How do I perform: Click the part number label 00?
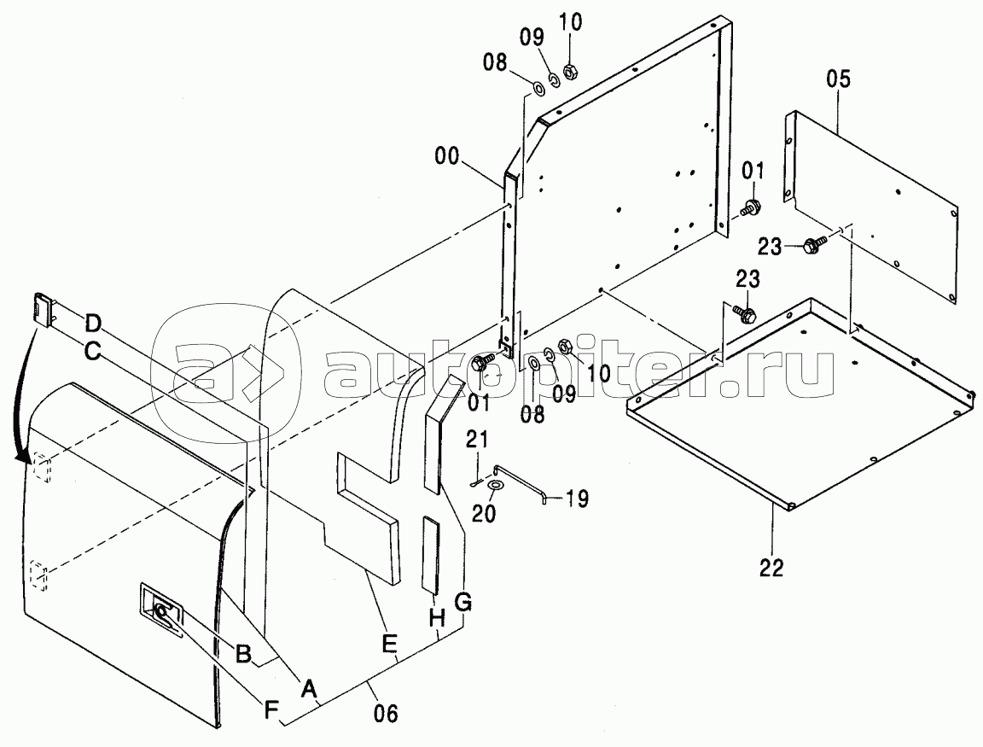pyautogui.click(x=447, y=156)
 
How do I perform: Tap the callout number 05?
pyautogui.click(x=838, y=79)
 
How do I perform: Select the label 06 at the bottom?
pyautogui.click(x=386, y=713)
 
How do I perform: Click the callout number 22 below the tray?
pyautogui.click(x=771, y=568)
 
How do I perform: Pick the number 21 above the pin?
pyautogui.click(x=476, y=440)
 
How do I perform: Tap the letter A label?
pyautogui.click(x=307, y=689)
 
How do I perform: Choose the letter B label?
pyautogui.click(x=243, y=653)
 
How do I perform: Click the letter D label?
pyautogui.click(x=93, y=325)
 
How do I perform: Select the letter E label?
pyautogui.click(x=390, y=644)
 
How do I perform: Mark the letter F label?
pyautogui.click(x=270, y=710)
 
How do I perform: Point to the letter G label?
pyautogui.click(x=462, y=603)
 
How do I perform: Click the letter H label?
pyautogui.click(x=437, y=618)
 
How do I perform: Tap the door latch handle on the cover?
pyautogui.click(x=162, y=611)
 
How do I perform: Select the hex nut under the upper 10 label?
pyautogui.click(x=569, y=71)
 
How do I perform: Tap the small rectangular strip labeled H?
pyautogui.click(x=431, y=554)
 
